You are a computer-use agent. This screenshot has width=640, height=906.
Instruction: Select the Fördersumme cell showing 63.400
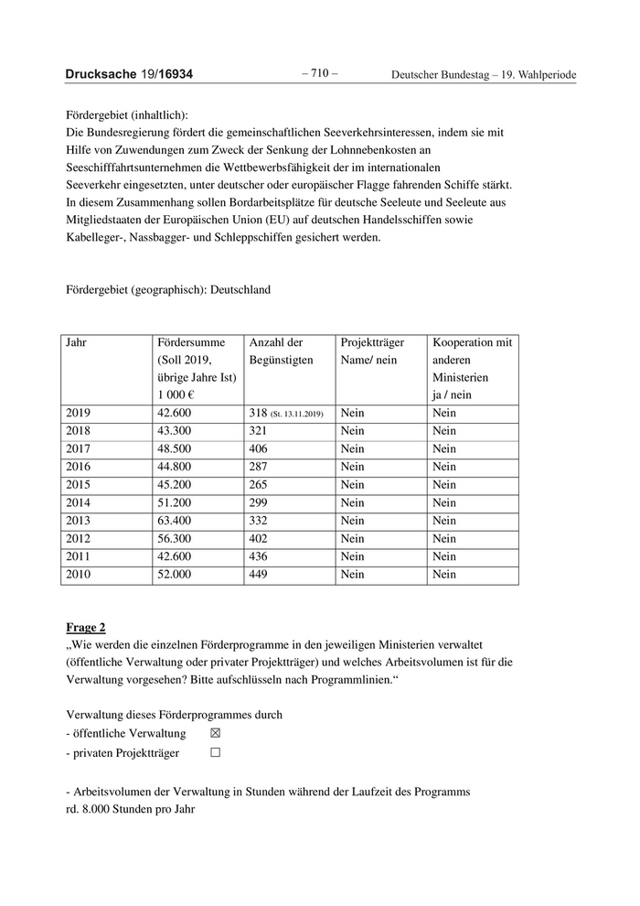175,521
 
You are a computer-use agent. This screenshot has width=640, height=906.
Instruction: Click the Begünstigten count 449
262,575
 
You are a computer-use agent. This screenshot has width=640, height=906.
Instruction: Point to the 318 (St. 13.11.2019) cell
286,414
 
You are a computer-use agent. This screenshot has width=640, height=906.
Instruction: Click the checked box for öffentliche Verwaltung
216,733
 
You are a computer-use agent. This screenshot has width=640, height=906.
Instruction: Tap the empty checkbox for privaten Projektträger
216,753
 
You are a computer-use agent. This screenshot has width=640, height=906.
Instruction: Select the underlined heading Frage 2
86,627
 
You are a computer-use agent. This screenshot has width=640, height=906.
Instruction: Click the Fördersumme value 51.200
175,502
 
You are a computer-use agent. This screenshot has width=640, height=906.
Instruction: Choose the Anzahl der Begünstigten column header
275,351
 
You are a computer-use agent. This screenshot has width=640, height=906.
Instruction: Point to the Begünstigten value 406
262,449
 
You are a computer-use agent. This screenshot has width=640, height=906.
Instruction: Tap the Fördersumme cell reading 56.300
175,539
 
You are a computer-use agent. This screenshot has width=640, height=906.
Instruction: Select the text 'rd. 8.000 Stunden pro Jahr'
131,809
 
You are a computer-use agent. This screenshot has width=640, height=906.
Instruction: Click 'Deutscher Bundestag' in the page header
443,75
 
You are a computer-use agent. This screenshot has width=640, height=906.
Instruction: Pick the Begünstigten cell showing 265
262,485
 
